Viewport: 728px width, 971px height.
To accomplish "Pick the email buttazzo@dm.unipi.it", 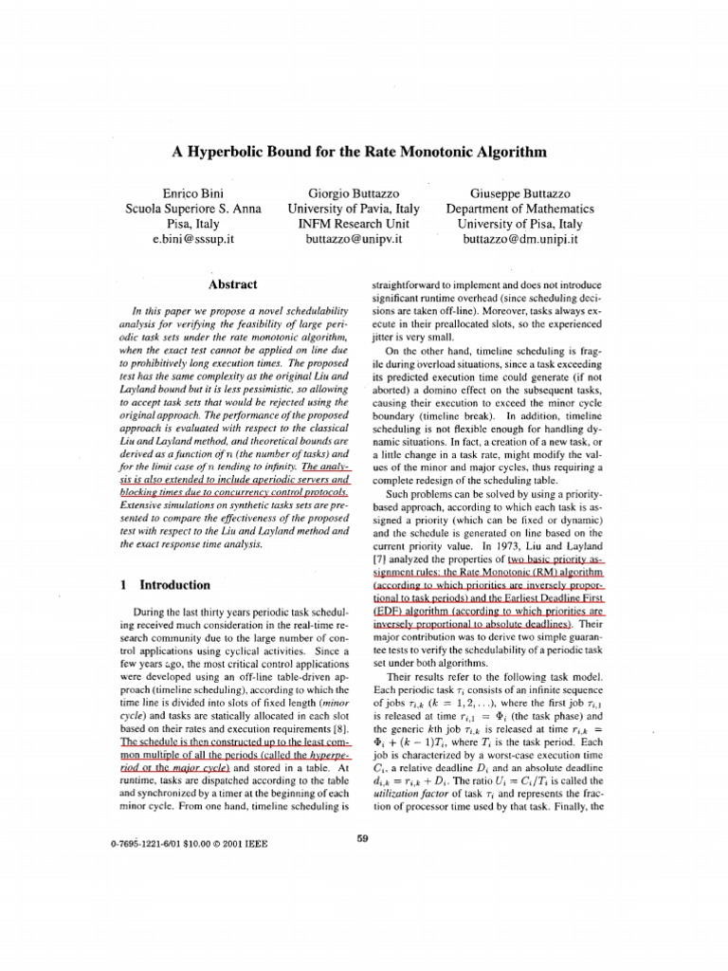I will point(519,240).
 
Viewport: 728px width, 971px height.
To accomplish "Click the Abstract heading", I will point(232,283).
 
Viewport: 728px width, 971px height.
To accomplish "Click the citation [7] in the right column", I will point(380,560).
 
